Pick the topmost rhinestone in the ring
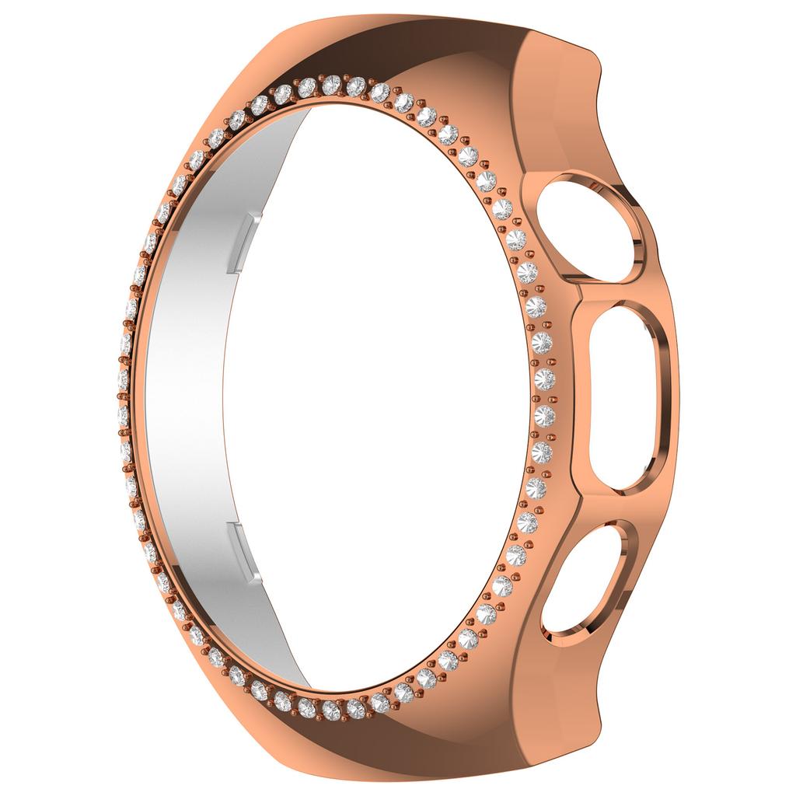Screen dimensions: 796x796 [333, 83]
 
